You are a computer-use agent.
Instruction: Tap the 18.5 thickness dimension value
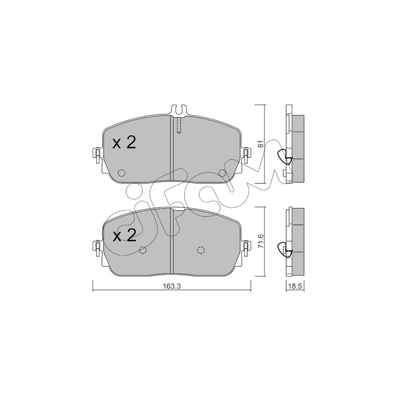(295, 286)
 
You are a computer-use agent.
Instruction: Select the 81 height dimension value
(262, 143)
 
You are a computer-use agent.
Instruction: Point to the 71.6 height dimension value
(262, 241)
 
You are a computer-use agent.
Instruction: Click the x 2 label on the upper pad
(125, 143)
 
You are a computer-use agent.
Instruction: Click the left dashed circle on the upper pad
(122, 173)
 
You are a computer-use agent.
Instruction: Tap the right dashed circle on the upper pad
(222, 173)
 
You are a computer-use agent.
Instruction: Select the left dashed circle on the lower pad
(143, 250)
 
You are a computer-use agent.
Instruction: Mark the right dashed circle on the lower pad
(201, 250)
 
